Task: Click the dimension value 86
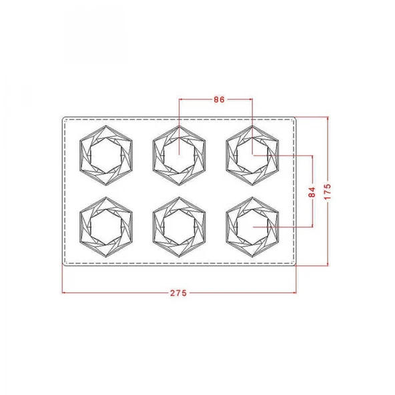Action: [x=219, y=99]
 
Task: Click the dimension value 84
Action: [x=312, y=192]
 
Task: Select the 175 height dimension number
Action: [x=328, y=191]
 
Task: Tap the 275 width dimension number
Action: [x=178, y=293]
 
